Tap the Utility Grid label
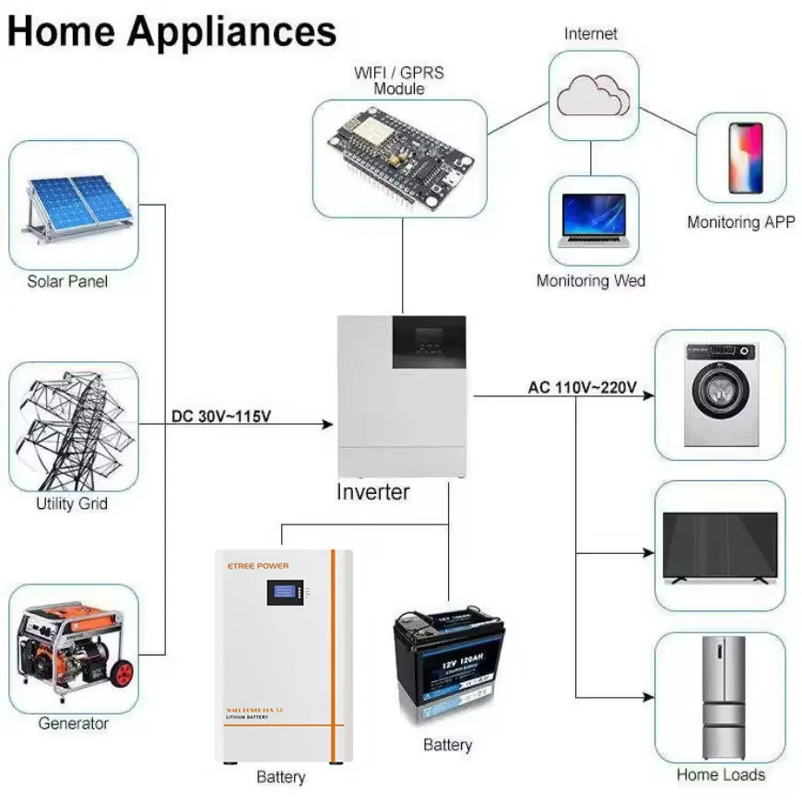72,503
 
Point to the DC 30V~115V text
221,417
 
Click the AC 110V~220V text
582,387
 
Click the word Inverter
372,491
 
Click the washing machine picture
720,395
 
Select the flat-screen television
720,547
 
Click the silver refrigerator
722,697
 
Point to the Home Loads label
720,775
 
